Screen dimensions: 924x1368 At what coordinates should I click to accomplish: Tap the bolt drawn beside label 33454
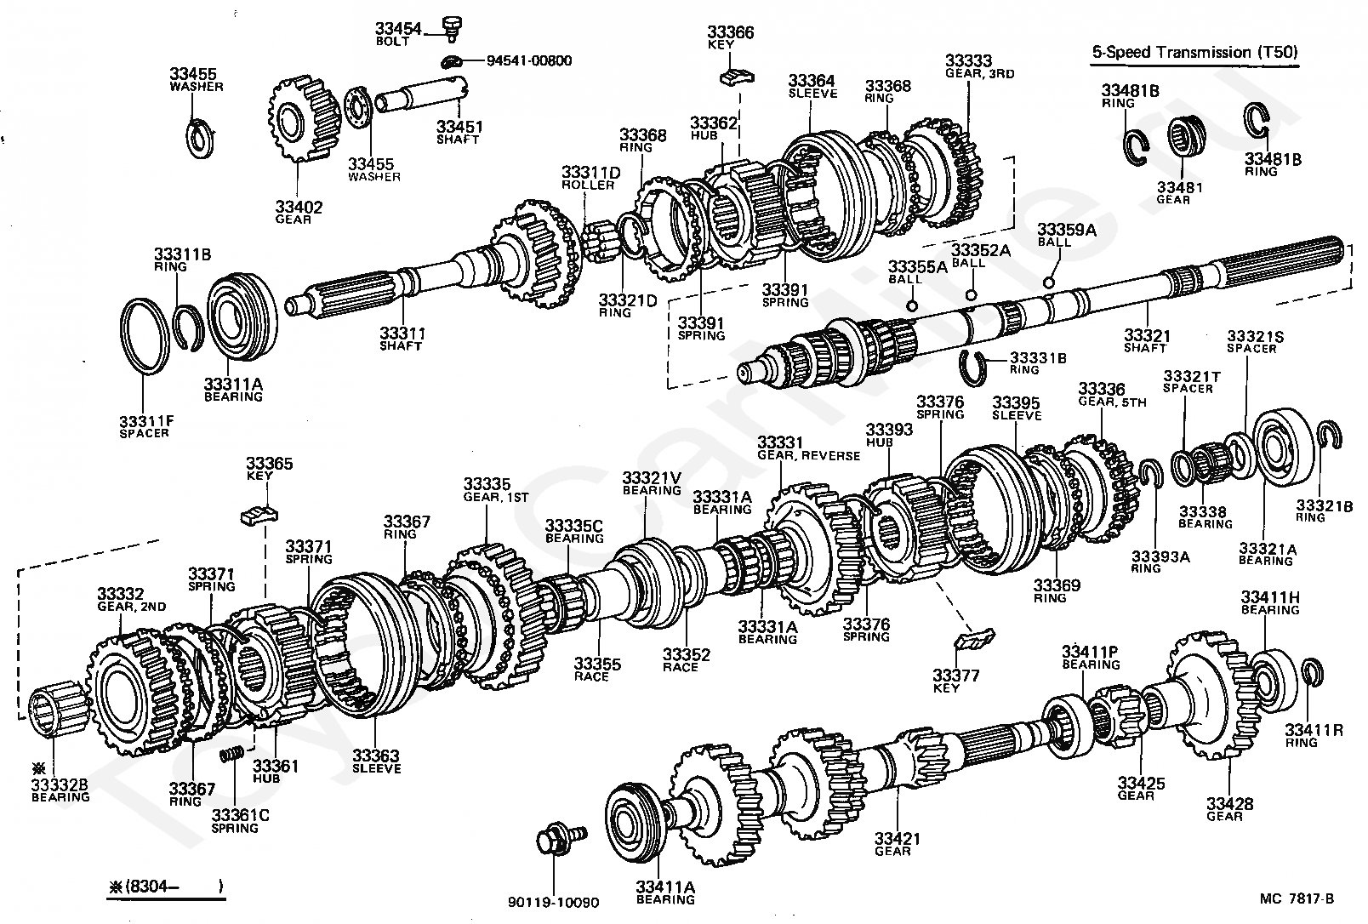(x=452, y=26)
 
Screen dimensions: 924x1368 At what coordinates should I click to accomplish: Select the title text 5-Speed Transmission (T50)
(x=1195, y=52)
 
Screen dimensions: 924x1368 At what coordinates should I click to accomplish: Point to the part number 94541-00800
(x=528, y=60)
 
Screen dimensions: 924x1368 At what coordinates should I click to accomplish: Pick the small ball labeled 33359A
(x=1049, y=282)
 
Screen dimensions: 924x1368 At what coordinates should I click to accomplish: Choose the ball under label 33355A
(x=911, y=306)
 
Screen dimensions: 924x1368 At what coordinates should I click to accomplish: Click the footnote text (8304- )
(x=166, y=887)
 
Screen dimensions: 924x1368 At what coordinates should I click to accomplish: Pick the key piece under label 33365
(x=259, y=512)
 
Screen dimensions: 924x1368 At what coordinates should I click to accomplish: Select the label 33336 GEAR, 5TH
(x=1112, y=395)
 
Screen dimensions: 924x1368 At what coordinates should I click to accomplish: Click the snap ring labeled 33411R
(x=1311, y=672)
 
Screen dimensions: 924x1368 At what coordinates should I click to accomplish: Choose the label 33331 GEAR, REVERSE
(x=808, y=448)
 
